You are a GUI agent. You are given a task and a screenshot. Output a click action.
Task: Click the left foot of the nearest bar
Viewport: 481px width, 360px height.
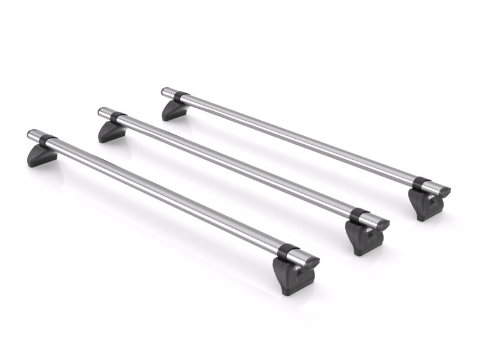41,154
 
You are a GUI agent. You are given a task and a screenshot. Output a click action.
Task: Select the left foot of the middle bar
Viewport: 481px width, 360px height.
112,132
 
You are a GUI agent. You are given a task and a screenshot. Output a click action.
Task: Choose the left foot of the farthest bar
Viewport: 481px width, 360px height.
174,110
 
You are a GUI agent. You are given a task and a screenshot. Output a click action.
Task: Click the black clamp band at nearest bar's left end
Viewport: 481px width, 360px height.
47,141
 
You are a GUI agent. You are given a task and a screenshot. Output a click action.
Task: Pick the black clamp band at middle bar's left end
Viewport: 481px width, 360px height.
118,118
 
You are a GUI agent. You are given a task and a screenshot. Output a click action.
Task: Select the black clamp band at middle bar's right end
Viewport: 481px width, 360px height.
359,215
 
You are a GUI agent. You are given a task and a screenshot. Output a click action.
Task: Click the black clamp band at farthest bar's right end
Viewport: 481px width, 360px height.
422,184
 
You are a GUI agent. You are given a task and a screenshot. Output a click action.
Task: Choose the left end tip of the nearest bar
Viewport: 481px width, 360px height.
31,133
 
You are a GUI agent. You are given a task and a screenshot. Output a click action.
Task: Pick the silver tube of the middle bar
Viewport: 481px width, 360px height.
234,165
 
